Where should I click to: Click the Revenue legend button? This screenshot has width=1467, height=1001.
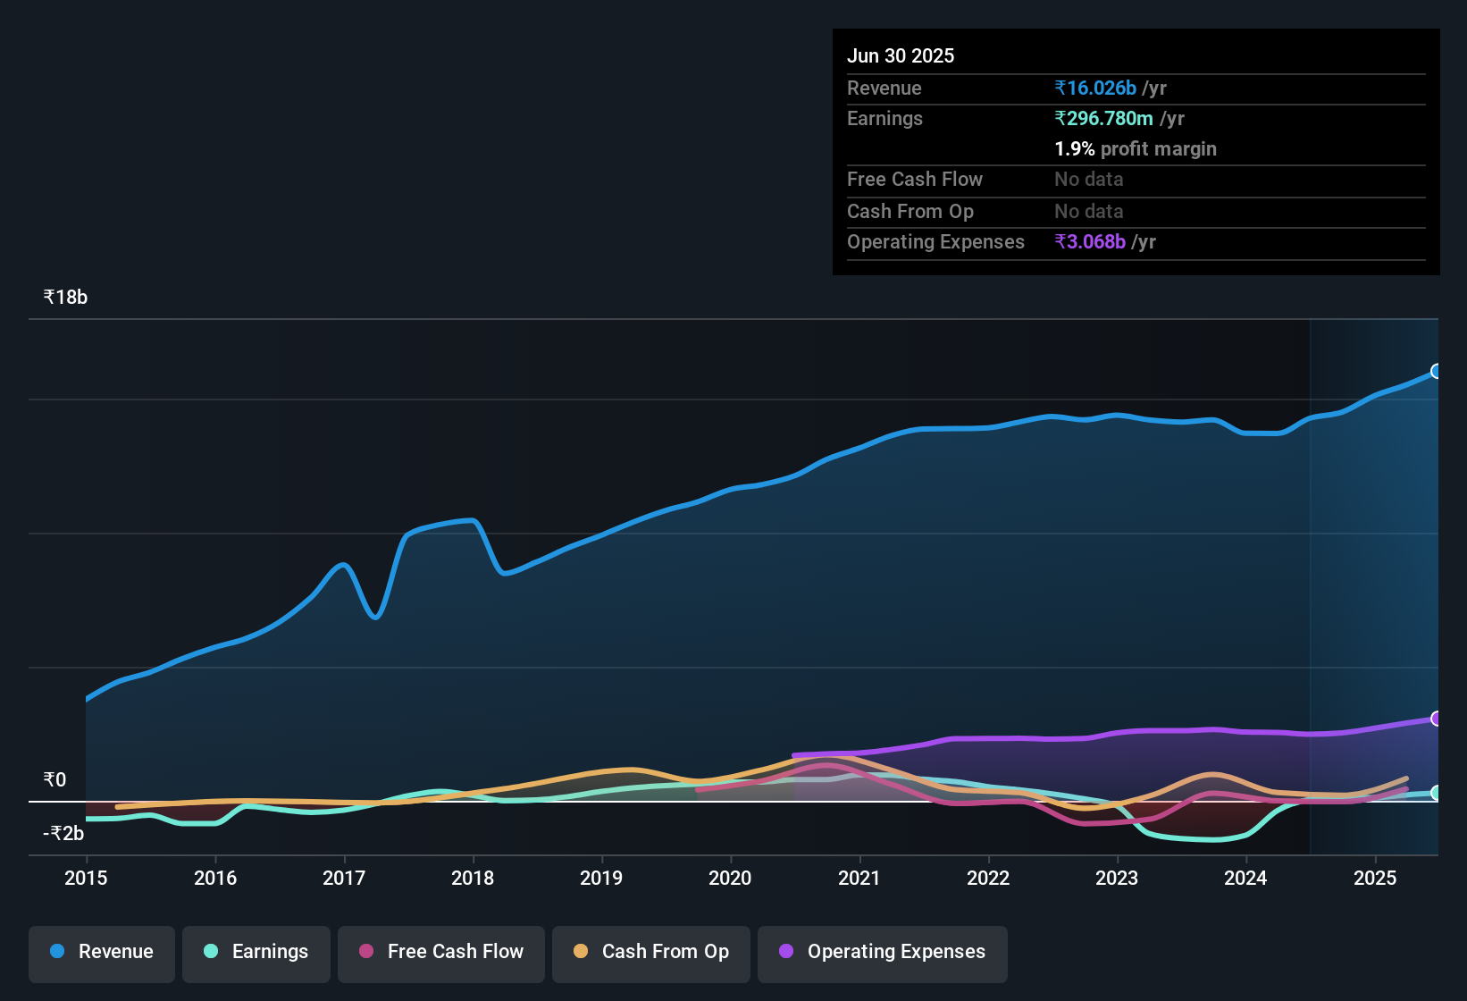[102, 952]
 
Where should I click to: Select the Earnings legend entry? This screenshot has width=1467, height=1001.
[256, 952]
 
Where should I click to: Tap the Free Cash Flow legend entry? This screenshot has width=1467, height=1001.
[441, 952]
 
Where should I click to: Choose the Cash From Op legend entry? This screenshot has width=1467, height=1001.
[651, 952]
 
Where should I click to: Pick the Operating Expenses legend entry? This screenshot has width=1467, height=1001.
[883, 952]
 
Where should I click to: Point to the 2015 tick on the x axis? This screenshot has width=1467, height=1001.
[86, 878]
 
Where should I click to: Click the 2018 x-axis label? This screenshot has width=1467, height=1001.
[473, 878]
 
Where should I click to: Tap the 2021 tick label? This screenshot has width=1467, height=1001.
[859, 878]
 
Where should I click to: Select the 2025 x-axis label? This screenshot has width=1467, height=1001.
[1375, 878]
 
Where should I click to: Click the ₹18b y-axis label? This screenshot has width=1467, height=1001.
[65, 298]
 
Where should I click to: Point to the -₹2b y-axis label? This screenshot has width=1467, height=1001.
[63, 834]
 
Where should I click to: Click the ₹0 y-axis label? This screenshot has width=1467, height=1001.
[54, 780]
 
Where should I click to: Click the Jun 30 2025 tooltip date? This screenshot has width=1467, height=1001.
[901, 55]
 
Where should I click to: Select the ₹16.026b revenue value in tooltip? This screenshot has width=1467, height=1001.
[1095, 88]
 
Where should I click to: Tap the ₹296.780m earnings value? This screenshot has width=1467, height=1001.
[1103, 118]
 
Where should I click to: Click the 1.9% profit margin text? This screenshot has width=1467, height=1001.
[1136, 148]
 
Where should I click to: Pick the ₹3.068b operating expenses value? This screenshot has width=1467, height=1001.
[1090, 241]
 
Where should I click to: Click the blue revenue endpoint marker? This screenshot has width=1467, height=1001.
[1436, 371]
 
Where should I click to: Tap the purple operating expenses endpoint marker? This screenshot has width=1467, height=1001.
[1436, 719]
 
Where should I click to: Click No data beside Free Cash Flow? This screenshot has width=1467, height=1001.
[1088, 179]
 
